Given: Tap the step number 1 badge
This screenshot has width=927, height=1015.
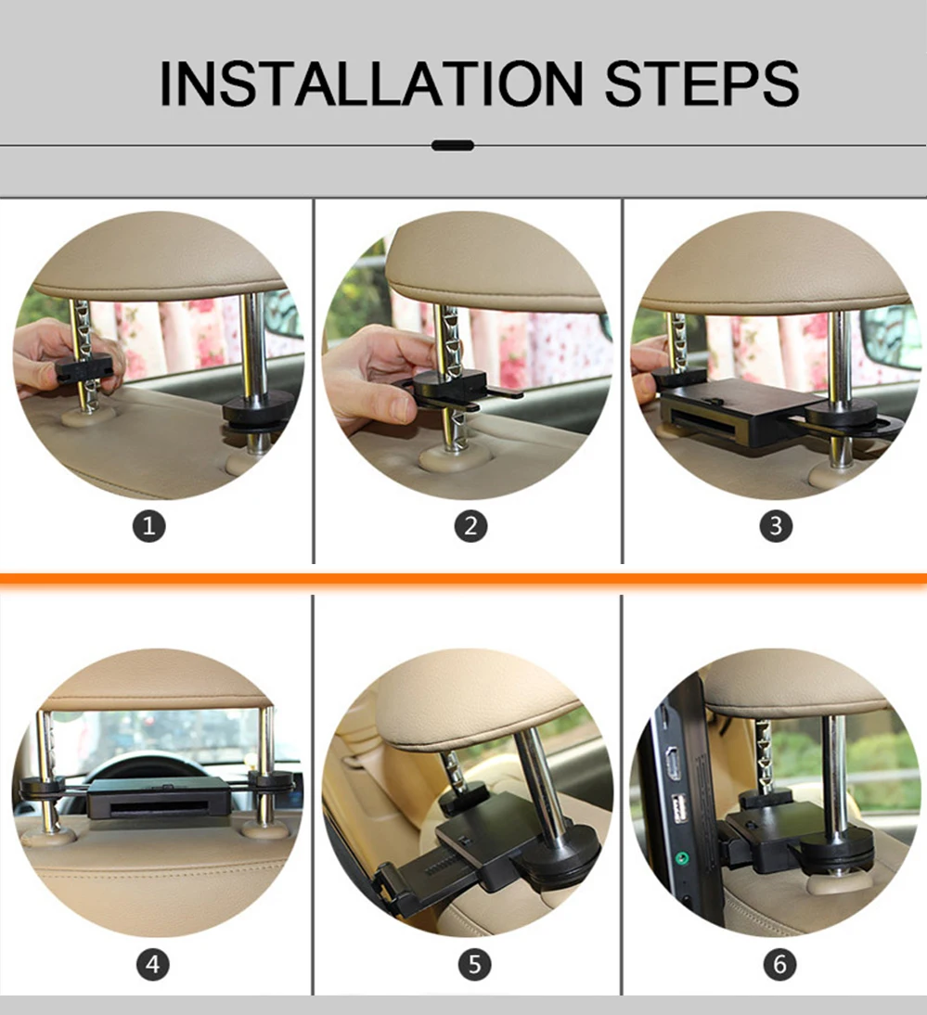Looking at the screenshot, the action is click(x=148, y=526).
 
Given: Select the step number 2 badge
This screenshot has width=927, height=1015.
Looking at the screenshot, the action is click(x=470, y=526).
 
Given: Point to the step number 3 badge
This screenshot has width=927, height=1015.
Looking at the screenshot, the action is click(x=776, y=526).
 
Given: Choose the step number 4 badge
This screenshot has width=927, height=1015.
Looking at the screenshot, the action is click(x=153, y=965).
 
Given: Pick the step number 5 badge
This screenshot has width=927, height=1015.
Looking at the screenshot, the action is click(x=474, y=965).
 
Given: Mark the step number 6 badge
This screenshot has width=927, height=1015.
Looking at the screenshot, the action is click(x=779, y=965).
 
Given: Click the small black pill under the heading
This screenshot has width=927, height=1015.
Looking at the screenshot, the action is click(x=453, y=146).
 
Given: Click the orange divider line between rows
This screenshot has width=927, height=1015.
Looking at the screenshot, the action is click(x=464, y=578).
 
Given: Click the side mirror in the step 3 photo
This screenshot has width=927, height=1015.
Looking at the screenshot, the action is click(x=892, y=337).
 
